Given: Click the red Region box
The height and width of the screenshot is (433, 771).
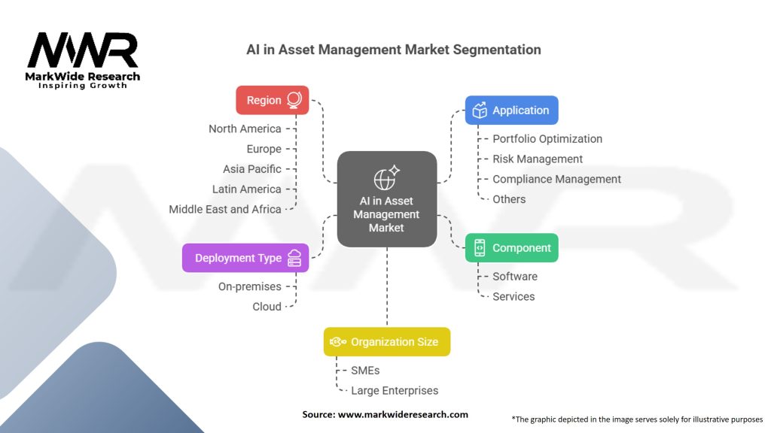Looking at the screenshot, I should coord(272,100).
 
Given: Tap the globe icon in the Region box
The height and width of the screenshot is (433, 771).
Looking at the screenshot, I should coord(294,100).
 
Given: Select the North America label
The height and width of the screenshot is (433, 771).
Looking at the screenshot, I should coord(245,129).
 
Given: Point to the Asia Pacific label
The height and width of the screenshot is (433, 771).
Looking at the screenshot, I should coord(251,169).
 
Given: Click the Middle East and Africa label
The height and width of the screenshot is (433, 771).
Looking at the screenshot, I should coord(225,209).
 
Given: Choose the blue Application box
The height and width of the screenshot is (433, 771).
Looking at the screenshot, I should coord(511,111).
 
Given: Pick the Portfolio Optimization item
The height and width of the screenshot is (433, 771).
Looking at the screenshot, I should coord(547,139).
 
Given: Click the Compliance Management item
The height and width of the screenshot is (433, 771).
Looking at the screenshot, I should coord(556,179).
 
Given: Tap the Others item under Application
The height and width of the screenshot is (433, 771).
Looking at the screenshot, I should coord(509,199).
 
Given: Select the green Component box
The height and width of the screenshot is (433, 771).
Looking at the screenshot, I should coord(511,248).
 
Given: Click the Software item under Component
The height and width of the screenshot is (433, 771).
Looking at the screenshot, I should coord(515,277).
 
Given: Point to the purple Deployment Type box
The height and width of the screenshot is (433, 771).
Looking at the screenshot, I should coord(245,258).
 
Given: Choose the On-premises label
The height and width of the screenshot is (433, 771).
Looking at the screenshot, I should coord(249,286).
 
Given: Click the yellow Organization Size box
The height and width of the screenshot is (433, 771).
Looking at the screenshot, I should coord(386,342).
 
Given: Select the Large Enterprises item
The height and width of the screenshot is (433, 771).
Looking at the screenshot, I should coord(395,390).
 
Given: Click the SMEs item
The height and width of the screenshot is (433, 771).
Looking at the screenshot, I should coord(365,371).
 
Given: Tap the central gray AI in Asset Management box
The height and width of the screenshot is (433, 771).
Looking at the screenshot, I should coord(386,199).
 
